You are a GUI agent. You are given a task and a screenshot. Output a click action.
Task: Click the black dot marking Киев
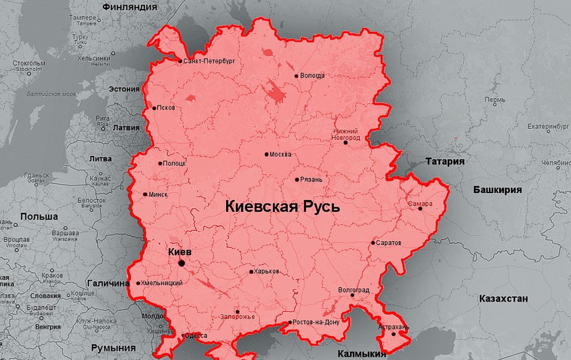(x=182, y=263)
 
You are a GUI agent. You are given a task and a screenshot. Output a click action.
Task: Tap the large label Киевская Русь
(x=283, y=207)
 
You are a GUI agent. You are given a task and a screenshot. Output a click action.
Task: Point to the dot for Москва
(x=267, y=154)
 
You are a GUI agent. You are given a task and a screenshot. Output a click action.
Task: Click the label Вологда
(x=312, y=75)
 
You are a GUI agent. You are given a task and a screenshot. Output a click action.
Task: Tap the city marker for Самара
(x=420, y=208)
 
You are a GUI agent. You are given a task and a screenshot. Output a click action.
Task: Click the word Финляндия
(x=130, y=7)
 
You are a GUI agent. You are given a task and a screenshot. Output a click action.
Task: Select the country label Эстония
(x=124, y=89)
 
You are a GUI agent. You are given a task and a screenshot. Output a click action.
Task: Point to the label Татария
(x=445, y=162)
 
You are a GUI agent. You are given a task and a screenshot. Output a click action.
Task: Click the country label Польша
(x=39, y=217)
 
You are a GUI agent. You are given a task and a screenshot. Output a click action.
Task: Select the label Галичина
(x=108, y=283)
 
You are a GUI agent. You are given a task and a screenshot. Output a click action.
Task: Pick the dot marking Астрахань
(x=393, y=334)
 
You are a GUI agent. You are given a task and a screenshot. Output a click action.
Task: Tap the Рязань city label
(x=312, y=179)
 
